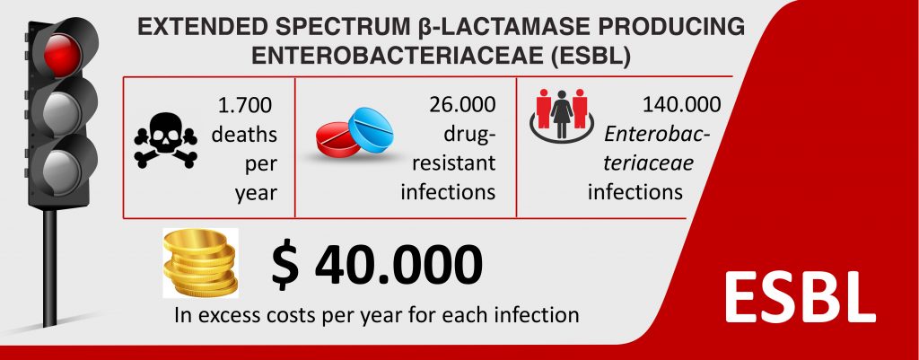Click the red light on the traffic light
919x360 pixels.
61,55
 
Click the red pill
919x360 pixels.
338,139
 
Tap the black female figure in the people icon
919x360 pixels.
562,114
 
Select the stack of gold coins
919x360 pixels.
200,263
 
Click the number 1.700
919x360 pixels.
245,106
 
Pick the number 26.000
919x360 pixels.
462,105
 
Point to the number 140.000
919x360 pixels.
682,105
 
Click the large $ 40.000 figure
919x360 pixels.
377,265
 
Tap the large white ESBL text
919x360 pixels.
800,295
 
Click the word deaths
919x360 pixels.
244,135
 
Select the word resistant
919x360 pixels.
454,163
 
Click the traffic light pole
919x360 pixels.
50,268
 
